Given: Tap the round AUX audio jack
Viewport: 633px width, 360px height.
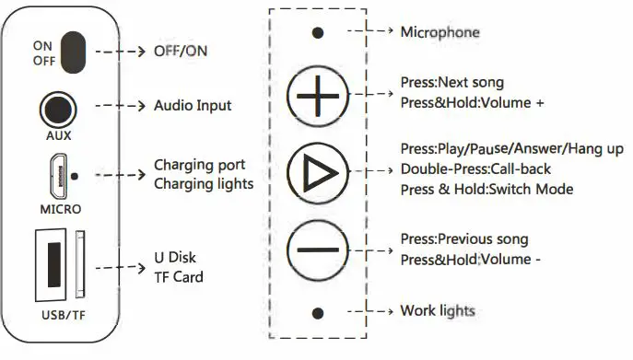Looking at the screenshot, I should [x=58, y=109].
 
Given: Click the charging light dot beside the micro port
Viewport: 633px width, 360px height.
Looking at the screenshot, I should [x=74, y=174].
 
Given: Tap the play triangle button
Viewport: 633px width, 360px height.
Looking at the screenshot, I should [x=318, y=171].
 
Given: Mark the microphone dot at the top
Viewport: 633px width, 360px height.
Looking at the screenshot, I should [x=318, y=33].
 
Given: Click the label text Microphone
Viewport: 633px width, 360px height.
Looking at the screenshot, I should [x=440, y=32].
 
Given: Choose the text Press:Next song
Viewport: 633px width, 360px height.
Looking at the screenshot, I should [x=451, y=83].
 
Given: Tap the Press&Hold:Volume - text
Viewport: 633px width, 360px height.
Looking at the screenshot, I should [x=470, y=260].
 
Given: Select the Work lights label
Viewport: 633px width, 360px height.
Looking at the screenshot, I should [x=438, y=310].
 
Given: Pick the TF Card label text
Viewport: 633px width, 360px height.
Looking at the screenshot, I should [x=179, y=276].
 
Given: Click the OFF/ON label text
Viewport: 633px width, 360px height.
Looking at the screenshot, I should [x=181, y=51].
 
